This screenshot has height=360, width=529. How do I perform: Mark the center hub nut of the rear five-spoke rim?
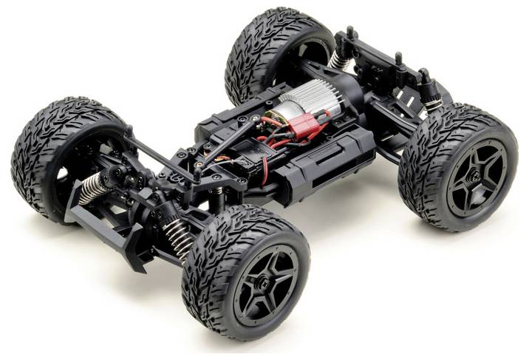pyautogui.click(x=474, y=177)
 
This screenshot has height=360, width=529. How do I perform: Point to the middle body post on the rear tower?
pyautogui.click(x=398, y=58)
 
